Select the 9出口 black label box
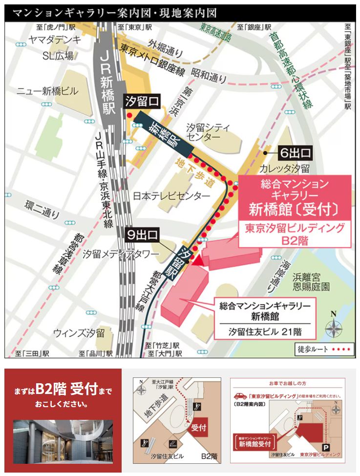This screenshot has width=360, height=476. click(x=143, y=235)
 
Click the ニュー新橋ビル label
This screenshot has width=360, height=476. click(x=47, y=91)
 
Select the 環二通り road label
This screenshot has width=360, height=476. click(x=43, y=211)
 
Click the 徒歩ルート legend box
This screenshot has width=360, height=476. click(x=323, y=350)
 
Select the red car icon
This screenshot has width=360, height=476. click(x=241, y=396)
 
